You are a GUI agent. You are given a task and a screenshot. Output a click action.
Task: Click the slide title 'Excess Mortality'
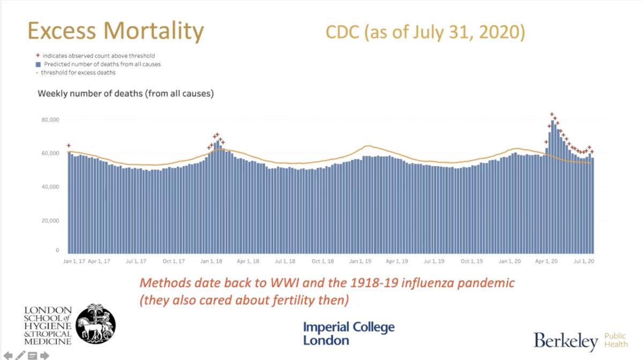click(115, 32)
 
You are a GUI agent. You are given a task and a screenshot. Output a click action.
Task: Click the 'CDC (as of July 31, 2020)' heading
click(425, 32)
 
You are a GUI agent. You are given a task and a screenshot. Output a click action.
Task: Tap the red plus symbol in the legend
click(38, 55)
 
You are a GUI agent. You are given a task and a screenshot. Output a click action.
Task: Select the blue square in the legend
click(38, 64)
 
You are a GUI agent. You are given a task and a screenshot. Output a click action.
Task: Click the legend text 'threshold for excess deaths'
click(79, 72)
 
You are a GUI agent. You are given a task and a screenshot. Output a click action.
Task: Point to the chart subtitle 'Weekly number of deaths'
click(125, 94)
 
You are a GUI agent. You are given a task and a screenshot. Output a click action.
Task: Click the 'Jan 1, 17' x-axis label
click(74, 261)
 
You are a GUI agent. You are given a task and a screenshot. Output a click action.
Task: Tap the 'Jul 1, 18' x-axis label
click(285, 261)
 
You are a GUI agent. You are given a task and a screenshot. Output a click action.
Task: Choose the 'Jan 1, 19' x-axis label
click(360, 261)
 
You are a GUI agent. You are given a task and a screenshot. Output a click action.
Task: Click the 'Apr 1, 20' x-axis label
click(547, 261)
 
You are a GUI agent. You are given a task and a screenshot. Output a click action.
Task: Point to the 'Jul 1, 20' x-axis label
click(584, 261)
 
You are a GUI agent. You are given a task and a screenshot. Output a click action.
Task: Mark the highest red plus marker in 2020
click(552, 115)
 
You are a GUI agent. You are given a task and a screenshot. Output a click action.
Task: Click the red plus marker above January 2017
click(69, 145)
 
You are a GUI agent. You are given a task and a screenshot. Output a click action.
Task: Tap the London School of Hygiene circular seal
click(95, 324)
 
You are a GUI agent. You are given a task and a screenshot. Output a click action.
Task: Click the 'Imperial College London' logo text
click(348, 333)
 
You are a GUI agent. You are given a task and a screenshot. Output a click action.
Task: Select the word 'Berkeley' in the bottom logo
click(565, 341)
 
